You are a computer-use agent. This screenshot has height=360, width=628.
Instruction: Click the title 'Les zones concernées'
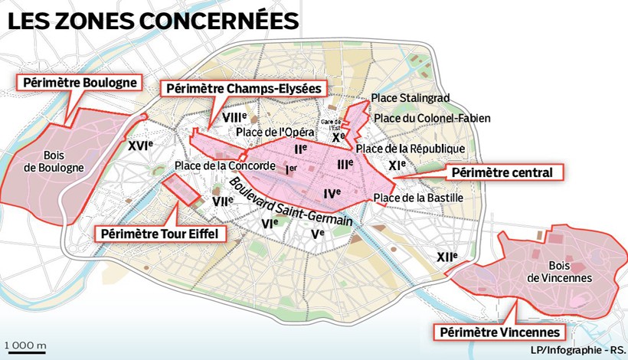tap(152, 21)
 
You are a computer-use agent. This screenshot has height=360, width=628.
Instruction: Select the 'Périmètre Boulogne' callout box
tap(80, 82)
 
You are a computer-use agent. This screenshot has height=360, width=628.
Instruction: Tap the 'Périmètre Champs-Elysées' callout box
tap(244, 89)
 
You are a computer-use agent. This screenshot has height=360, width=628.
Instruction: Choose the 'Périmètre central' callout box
tap(502, 172)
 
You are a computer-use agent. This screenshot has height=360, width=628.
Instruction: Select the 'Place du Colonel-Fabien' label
tap(433, 118)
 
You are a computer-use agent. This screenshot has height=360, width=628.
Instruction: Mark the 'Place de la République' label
tap(410, 148)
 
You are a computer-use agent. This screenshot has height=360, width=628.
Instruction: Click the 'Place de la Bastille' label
tap(419, 198)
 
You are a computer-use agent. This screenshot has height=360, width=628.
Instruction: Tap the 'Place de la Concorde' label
tap(224, 166)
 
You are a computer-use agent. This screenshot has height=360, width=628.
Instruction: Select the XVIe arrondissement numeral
tap(140, 145)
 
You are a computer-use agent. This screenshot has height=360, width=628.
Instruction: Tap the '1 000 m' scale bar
tap(25, 345)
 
